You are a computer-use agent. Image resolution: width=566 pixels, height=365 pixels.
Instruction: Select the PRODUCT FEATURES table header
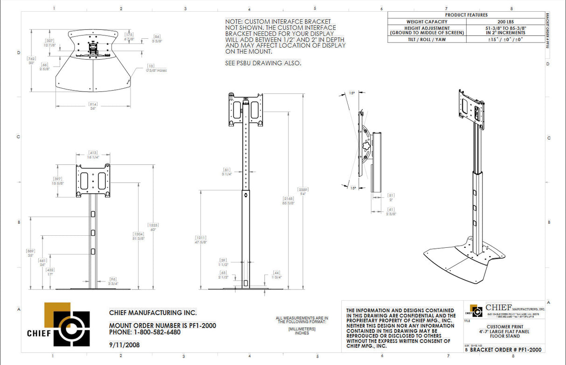click(x=466, y=14)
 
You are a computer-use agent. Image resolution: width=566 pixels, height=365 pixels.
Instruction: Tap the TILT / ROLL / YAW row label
click(x=427, y=40)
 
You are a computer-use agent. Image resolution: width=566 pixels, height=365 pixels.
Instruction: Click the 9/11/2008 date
click(x=124, y=345)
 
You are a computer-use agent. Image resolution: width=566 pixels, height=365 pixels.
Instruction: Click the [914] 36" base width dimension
click(x=93, y=106)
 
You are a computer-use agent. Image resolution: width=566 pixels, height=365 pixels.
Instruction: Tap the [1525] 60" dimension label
click(x=152, y=228)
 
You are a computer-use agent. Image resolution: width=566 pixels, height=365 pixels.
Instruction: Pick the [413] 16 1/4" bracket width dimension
click(x=92, y=155)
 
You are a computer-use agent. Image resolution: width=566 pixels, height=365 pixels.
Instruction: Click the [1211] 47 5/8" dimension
click(x=201, y=240)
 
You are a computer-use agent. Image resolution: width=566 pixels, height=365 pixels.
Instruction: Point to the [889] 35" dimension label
click(x=30, y=253)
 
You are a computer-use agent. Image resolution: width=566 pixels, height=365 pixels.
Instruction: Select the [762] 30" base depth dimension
click(x=31, y=61)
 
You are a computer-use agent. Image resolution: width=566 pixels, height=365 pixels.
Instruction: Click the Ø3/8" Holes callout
click(x=155, y=68)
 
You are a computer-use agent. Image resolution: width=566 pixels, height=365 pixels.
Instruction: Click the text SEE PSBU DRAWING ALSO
click(x=263, y=63)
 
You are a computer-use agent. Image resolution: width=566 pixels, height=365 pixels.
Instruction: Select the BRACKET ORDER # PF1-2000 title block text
click(x=505, y=350)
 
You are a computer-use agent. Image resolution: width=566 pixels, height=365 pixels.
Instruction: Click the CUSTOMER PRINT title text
click(x=504, y=326)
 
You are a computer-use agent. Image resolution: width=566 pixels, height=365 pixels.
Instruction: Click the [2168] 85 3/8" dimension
click(x=288, y=201)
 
